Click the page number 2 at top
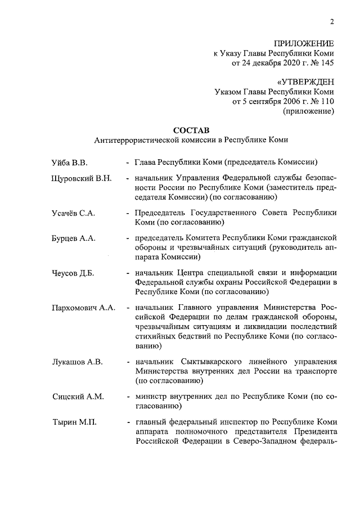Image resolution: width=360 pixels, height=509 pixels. (332, 22)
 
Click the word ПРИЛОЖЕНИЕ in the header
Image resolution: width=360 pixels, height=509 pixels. (304, 43)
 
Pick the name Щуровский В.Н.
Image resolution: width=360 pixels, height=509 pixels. (82, 178)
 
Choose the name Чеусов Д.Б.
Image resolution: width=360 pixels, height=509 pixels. (73, 273)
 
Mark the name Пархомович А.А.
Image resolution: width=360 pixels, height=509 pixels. (83, 308)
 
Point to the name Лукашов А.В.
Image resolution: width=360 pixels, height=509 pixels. (77, 362)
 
